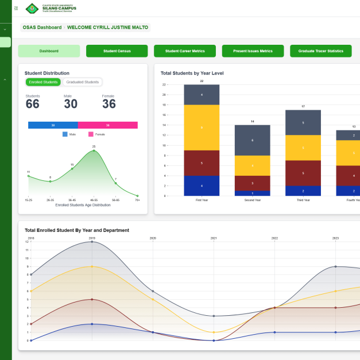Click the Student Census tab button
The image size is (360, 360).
pos(117,51)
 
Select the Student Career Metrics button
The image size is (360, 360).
pos(184,51)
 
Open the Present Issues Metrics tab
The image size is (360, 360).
pos(253,51)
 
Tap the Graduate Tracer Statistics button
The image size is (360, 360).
pos(320,51)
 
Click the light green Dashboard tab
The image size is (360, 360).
pos(49,51)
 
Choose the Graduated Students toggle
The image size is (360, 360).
pos(82,82)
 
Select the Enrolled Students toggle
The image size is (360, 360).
pos(43,82)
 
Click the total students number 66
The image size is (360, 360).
pos(33,104)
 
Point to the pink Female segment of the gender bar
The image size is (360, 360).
pos(107,125)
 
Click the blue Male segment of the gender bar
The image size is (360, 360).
pos(53,125)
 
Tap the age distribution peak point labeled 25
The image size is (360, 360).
pos(94,150)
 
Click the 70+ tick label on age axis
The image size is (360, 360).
pos(137,200)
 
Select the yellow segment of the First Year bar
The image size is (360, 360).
pos(202,127)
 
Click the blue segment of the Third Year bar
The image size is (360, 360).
pos(303,191)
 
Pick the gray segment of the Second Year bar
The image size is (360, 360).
pos(252,140)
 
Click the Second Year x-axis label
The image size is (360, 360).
pos(252,200)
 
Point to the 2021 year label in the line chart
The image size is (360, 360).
pos(214,237)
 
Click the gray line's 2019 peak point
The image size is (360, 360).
pos(92,242)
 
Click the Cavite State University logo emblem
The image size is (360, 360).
pos(32,8)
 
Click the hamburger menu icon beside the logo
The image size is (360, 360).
pos(16,8)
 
